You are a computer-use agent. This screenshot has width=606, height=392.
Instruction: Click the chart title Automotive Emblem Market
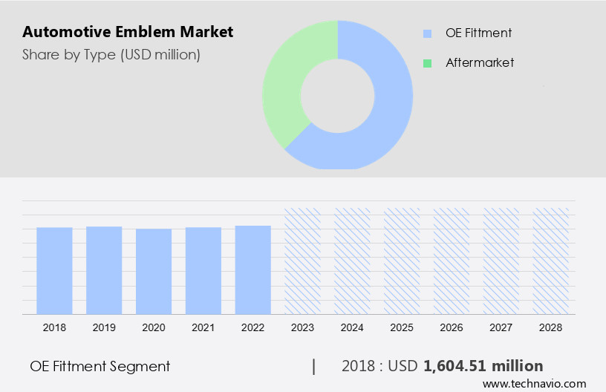128,32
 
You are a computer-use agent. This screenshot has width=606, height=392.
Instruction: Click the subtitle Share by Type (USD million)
111,54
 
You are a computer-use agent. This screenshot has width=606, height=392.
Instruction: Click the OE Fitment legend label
478,33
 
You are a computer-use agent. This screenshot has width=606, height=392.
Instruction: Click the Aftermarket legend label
480,63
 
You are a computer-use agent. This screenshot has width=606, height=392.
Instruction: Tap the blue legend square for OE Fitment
427,33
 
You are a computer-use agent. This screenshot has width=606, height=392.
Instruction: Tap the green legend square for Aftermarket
427,63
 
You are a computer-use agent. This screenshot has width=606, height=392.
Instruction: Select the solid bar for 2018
54,270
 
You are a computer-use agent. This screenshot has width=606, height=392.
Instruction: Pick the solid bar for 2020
154,271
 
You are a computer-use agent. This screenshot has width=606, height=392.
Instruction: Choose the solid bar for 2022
253,269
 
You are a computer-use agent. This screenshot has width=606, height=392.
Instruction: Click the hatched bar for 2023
303,261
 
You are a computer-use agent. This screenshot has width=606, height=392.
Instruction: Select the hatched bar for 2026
452,261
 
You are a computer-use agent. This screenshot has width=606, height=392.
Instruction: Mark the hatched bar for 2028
551,261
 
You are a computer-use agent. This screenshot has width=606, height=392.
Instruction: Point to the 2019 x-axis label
104,327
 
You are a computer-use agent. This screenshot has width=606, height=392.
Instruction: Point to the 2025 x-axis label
402,327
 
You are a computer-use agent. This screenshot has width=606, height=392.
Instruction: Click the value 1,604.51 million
483,366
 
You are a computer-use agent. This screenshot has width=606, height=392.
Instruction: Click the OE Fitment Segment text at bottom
100,366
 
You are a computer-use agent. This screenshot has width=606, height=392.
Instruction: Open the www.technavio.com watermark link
535,384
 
